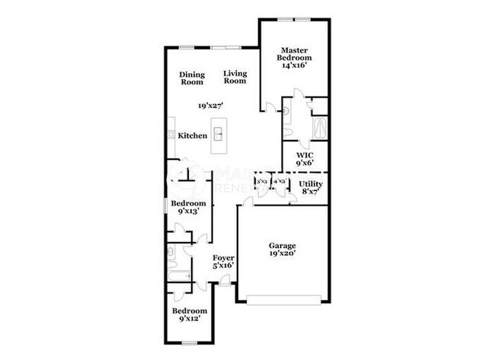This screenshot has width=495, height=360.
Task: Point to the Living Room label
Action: pos(235,77)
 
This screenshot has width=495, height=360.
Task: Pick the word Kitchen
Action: pos(193,135)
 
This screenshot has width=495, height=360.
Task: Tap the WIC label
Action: pos(305,155)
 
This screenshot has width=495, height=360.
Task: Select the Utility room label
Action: pos(310,184)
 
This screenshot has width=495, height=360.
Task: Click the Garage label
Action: pos(281,246)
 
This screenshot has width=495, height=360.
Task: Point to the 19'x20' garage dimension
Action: pos(281,256)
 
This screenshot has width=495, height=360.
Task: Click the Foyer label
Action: pos(223,258)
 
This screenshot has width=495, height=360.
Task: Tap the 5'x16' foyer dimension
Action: pos(223,266)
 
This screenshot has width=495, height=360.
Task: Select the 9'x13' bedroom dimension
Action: pos(188,212)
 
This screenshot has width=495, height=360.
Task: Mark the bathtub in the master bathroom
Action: pos(319,127)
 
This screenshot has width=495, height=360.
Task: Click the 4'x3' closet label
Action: pos(279,181)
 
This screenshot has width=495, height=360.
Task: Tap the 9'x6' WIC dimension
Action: pos(305,163)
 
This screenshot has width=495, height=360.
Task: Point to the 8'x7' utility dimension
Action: pos(310,193)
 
